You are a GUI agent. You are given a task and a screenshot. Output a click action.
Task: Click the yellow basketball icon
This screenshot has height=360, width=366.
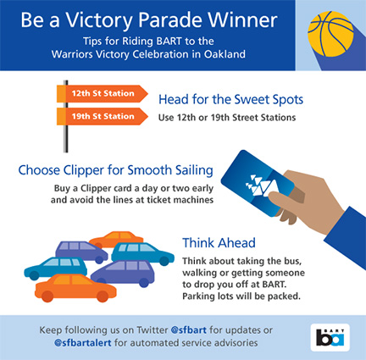tap(330, 34)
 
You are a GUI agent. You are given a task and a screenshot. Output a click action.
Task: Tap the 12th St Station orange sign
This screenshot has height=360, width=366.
tap(103, 93)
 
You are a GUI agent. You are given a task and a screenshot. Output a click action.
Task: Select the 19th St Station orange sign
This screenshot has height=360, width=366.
tap(103, 116)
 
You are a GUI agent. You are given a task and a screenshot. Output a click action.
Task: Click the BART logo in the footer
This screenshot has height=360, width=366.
tap(330, 337)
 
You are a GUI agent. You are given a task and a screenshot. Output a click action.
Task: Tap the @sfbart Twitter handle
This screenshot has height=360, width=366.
tap(189, 330)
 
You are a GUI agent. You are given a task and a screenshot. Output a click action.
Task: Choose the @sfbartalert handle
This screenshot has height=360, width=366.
tap(83, 343)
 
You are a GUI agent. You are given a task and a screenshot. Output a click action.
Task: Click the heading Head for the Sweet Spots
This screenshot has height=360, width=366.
tap(230, 99)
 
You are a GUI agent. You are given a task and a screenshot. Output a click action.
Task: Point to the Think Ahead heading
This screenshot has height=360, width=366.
tap(219, 243)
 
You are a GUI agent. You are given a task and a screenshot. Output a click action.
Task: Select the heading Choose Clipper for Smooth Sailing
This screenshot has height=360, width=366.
tap(116, 170)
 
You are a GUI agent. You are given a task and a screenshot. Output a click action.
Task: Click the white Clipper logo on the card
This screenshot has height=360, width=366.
tap(261, 185)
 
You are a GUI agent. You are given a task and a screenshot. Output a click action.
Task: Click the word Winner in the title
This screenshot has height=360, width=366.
tap(243, 20)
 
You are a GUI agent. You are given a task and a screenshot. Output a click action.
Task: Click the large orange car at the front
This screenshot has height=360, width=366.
tap(75, 287)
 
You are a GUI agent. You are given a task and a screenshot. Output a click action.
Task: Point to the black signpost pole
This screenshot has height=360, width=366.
tap(65, 116)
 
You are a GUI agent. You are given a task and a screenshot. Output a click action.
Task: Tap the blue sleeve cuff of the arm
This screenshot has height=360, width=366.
tap(345, 237)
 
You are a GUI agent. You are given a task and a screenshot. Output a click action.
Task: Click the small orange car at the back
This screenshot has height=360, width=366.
tap(116, 239)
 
